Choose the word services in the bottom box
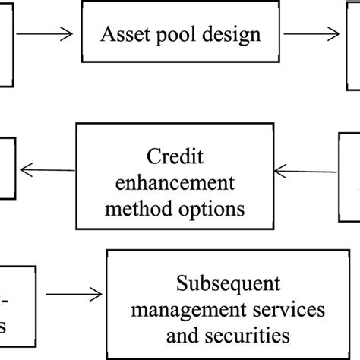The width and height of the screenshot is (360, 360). point(276,311)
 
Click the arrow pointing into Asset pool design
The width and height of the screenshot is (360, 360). point(46,34)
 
